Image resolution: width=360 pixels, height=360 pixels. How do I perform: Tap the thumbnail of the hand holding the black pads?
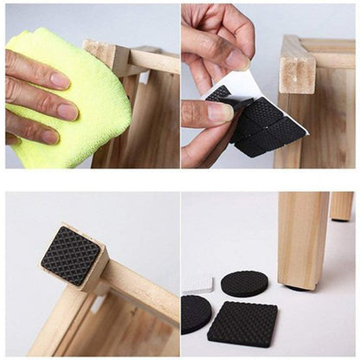218,112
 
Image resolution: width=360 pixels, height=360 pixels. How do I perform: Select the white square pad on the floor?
198,284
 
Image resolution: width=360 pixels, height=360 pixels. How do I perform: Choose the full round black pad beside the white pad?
244,283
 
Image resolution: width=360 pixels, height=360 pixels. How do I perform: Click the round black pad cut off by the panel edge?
194,313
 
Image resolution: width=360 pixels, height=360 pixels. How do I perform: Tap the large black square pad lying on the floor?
242,324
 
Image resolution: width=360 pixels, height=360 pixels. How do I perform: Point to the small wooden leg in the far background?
341,205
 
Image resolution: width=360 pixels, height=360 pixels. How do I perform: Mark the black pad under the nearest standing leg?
298,286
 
